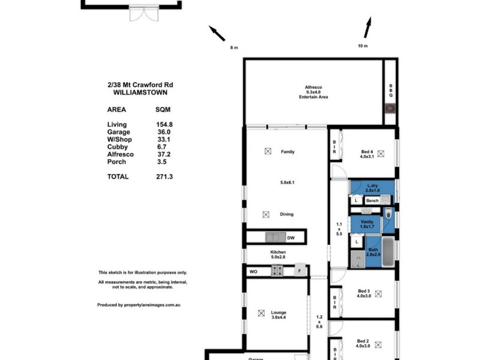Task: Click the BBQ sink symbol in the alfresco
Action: [390, 109]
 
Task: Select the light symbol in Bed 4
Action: [380, 153]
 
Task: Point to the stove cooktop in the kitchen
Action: [277, 271]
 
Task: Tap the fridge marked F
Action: [300, 271]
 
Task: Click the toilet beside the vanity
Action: [389, 214]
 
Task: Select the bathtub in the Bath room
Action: [388, 252]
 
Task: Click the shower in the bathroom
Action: [357, 260]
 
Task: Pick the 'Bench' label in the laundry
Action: [372, 200]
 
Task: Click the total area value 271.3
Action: [163, 177]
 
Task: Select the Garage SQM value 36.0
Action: [163, 132]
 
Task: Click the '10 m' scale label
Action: [362, 46]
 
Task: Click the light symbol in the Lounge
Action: [261, 313]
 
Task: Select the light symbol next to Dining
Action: [266, 214]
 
